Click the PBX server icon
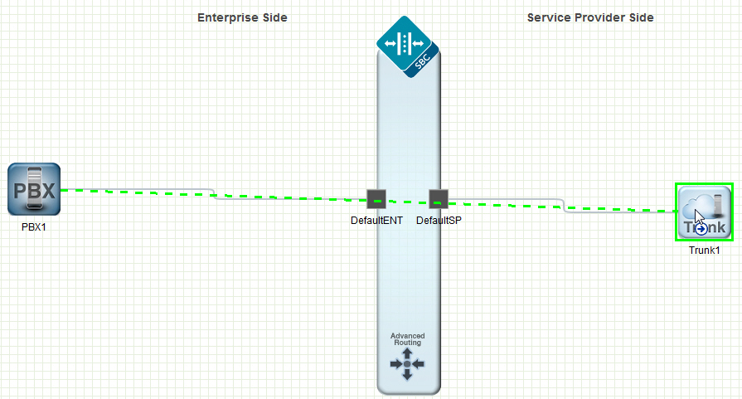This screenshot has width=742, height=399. tap(34, 189)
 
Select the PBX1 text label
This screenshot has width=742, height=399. tap(34, 227)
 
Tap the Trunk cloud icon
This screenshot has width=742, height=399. tap(704, 212)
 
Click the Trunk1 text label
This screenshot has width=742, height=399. tap(704, 251)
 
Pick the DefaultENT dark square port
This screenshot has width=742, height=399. tap(376, 199)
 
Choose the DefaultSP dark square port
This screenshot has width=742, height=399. tap(439, 199)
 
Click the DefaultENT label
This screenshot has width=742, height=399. tap(376, 221)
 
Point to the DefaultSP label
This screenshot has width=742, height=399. tap(439, 221)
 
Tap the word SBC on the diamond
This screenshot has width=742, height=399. tap(422, 61)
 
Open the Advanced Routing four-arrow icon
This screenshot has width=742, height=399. tap(407, 364)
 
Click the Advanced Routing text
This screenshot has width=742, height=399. tap(407, 339)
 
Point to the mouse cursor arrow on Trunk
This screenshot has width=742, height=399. tap(699, 217)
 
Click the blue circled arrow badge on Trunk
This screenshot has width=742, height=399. tap(701, 229)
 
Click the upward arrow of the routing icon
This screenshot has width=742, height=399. tap(407, 353)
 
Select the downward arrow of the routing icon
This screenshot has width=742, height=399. tap(407, 374)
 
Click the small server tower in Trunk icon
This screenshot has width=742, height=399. tap(718, 205)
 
